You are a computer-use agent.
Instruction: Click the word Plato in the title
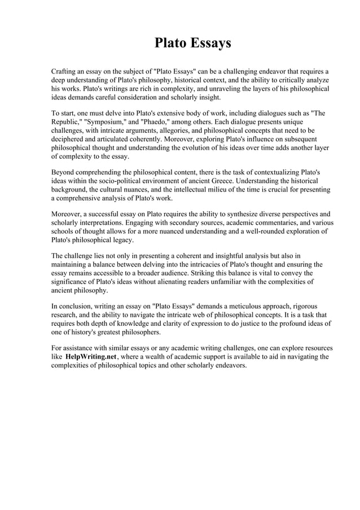172,43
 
